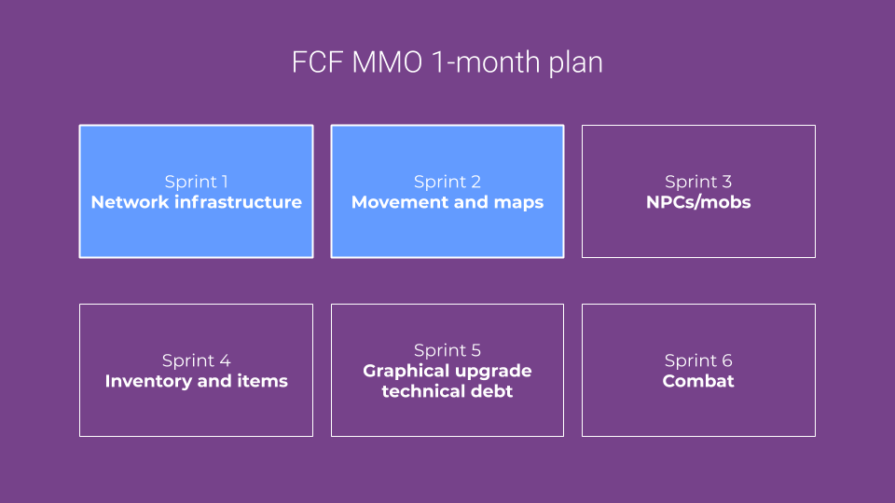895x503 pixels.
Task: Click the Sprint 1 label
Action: (196, 182)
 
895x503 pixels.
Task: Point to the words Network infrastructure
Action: (196, 202)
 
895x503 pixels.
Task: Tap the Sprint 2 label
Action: (447, 182)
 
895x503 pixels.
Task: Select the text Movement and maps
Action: (447, 202)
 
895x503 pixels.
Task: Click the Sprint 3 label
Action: (698, 182)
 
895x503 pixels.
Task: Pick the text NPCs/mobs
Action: (698, 202)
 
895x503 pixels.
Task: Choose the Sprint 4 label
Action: (196, 360)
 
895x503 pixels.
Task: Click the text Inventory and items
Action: (196, 381)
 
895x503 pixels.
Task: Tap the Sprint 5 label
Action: (447, 350)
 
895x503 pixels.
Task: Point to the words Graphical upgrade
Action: (447, 371)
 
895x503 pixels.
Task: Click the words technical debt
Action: (447, 391)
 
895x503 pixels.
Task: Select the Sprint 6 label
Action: (698, 360)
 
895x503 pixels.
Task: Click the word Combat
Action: (698, 381)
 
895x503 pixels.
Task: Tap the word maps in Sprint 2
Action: (519, 203)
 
